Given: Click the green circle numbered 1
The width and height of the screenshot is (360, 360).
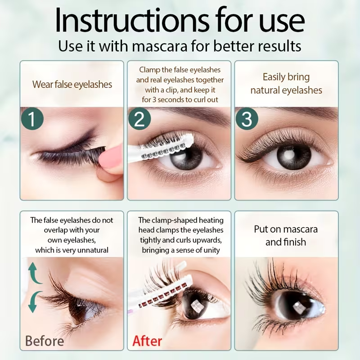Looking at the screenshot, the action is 32,119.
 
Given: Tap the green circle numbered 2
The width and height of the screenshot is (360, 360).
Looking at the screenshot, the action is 139,119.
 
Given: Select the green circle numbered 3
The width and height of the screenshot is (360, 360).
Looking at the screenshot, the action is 247,119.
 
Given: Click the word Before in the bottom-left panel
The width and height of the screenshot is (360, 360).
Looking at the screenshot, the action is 45,341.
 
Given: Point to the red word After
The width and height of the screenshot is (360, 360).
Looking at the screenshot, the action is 147,341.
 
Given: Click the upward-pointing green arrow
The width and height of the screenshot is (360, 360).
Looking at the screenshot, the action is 34,273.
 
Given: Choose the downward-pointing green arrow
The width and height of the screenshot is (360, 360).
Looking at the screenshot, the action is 35,302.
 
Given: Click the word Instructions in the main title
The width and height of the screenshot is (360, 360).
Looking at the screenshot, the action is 132,20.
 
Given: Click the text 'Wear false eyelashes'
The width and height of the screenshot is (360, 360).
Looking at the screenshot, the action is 72,85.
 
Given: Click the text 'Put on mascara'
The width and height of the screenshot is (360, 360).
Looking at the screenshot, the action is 286,229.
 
